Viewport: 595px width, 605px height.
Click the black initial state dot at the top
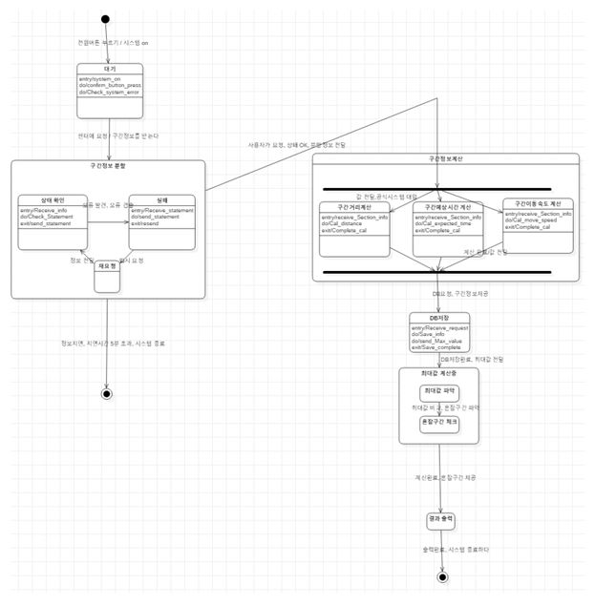[105, 19]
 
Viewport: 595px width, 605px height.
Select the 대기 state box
[110, 86]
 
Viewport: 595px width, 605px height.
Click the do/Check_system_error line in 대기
[110, 92]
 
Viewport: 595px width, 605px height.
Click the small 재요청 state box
[107, 276]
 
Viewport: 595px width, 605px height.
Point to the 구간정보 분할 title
[108, 166]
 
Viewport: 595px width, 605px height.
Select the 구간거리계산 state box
[354, 229]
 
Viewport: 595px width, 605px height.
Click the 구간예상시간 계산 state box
[448, 229]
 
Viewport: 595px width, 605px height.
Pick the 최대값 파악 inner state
[438, 391]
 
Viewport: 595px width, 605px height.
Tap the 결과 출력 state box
[441, 520]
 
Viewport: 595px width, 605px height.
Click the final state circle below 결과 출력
[441, 576]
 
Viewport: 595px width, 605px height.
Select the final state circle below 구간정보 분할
[106, 392]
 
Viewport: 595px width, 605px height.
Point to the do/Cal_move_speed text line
[538, 220]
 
